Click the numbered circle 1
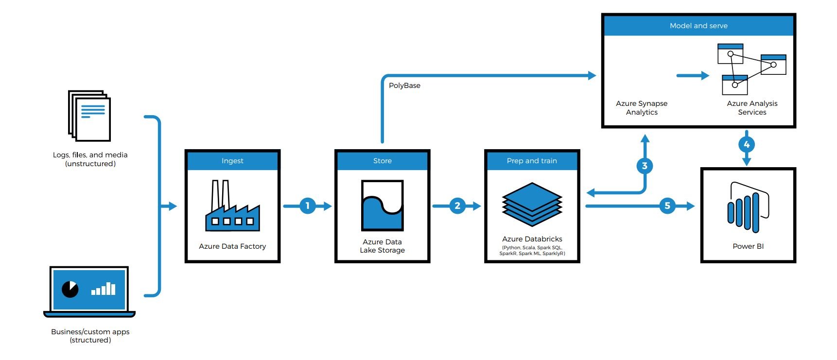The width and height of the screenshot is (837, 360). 307,206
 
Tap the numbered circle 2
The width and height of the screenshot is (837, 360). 457,206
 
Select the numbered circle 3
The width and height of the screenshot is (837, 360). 645,166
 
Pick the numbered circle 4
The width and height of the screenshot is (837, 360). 747,144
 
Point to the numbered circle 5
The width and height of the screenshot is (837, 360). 667,206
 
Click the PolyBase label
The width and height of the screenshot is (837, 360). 404,86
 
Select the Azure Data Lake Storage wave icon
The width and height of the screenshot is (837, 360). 382,206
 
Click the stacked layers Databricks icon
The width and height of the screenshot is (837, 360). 532,204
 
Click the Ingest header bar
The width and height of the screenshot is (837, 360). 232,161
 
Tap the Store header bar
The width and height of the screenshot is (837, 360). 382,161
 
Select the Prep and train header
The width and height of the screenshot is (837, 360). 532,161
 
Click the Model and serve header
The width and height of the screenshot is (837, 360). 698,26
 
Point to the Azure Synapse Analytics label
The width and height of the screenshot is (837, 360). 642,108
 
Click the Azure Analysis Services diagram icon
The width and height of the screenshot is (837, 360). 751,69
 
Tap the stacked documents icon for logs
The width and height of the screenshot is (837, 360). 90,115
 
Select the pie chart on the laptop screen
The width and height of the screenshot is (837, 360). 70,290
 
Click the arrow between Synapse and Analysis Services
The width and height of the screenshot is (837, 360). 693,75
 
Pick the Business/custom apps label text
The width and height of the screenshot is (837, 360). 90,336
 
